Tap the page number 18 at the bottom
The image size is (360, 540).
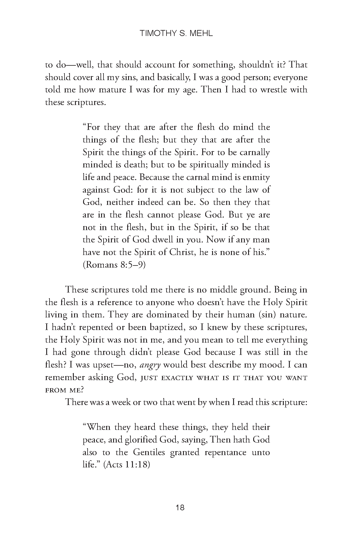(180, 508)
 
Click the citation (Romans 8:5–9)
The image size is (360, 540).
(114, 265)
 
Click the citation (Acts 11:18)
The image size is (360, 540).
(126, 465)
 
